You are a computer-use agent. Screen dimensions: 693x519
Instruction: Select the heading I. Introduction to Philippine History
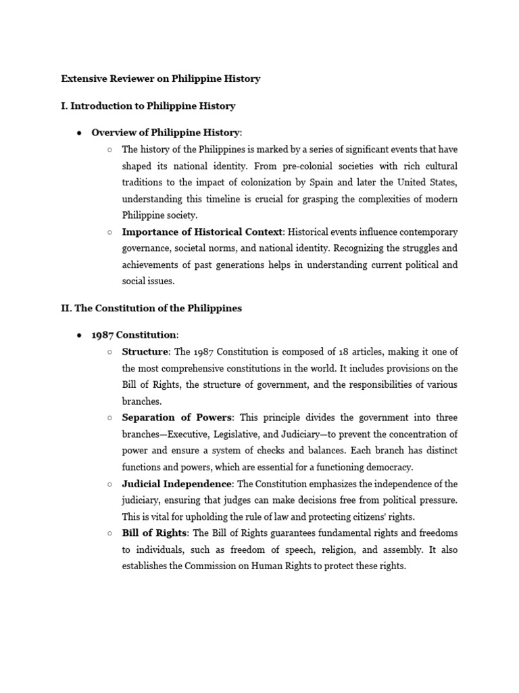pyautogui.click(x=148, y=106)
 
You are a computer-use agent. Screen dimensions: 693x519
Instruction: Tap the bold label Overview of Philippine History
pyautogui.click(x=165, y=132)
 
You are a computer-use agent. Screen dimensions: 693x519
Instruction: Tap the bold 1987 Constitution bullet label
pyautogui.click(x=134, y=334)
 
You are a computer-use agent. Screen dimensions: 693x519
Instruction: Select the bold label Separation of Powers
pyautogui.click(x=177, y=418)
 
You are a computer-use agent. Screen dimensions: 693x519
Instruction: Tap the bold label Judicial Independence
pyautogui.click(x=177, y=483)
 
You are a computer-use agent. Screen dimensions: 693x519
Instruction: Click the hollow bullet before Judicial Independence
pyautogui.click(x=109, y=484)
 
